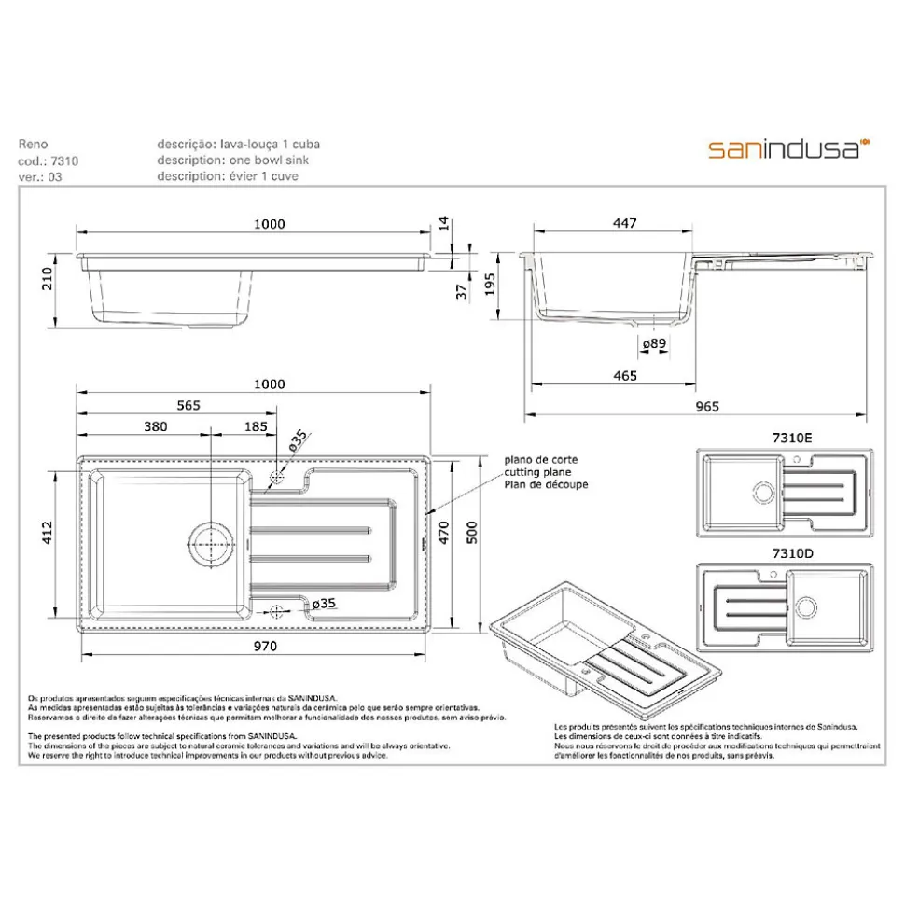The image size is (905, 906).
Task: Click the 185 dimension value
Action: [255, 426]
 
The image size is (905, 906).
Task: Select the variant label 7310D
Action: [792, 553]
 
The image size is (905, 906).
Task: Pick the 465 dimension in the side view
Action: [625, 376]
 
